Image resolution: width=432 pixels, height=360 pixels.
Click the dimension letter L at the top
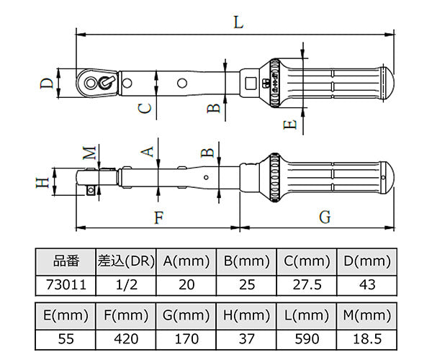239,22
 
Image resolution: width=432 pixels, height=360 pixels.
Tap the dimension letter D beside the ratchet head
47,84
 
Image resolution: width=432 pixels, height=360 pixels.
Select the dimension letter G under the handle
325,217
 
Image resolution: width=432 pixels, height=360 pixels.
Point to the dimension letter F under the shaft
159,217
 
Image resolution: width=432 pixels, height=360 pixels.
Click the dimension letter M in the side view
90,153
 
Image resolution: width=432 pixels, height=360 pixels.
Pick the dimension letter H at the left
42,182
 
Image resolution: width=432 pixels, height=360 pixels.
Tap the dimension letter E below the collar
290,125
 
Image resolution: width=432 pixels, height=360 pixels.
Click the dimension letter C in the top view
145,108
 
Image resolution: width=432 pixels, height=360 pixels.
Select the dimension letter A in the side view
148,151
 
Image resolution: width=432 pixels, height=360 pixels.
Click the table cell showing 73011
66,285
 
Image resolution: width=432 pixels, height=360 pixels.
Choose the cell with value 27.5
307,285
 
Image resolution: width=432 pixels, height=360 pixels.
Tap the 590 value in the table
307,339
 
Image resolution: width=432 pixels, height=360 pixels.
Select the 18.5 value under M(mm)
367,339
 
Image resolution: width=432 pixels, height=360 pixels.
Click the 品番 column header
66,261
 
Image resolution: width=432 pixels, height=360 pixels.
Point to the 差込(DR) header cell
126,261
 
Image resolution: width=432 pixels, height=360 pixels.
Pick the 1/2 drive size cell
126,285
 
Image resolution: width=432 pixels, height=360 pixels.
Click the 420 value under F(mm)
126,339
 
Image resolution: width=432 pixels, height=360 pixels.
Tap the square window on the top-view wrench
250,84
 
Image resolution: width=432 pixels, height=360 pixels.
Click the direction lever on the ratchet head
107,82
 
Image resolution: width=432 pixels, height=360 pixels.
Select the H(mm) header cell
246,315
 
